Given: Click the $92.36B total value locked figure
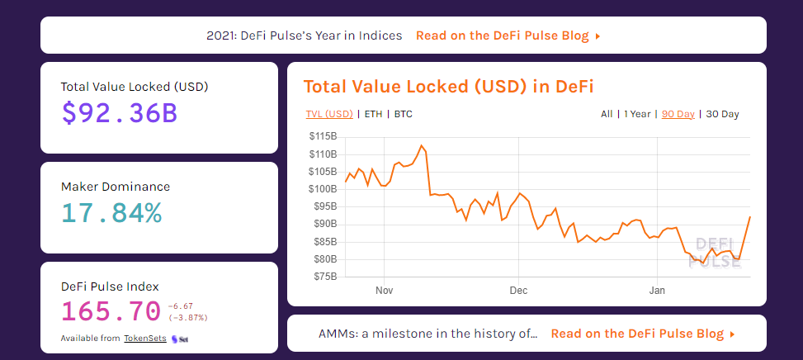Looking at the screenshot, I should tap(120, 113).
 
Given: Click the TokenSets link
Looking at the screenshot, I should tap(144, 339).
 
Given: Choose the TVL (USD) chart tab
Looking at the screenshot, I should tap(328, 114).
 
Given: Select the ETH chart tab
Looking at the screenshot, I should tap(373, 114).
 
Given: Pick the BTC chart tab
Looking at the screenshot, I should tap(403, 114).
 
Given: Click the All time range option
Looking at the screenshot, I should tap(607, 114).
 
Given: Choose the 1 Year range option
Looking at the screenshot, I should tap(637, 114).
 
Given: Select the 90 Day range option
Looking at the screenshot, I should tap(678, 114).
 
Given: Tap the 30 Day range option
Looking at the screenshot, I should tap(722, 114).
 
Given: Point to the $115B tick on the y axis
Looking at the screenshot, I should tap(322, 136).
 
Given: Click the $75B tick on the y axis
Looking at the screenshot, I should tap(324, 277).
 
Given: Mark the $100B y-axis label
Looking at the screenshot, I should tap(322, 189).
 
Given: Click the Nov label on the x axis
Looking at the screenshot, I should tap(384, 291).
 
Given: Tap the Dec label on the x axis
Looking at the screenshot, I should tap(518, 291).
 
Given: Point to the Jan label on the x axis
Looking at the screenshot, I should tap(657, 291).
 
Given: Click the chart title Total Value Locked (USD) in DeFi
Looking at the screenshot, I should tap(448, 87).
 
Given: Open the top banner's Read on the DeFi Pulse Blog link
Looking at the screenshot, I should tap(508, 36).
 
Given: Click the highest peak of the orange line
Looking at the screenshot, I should tap(422, 146).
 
